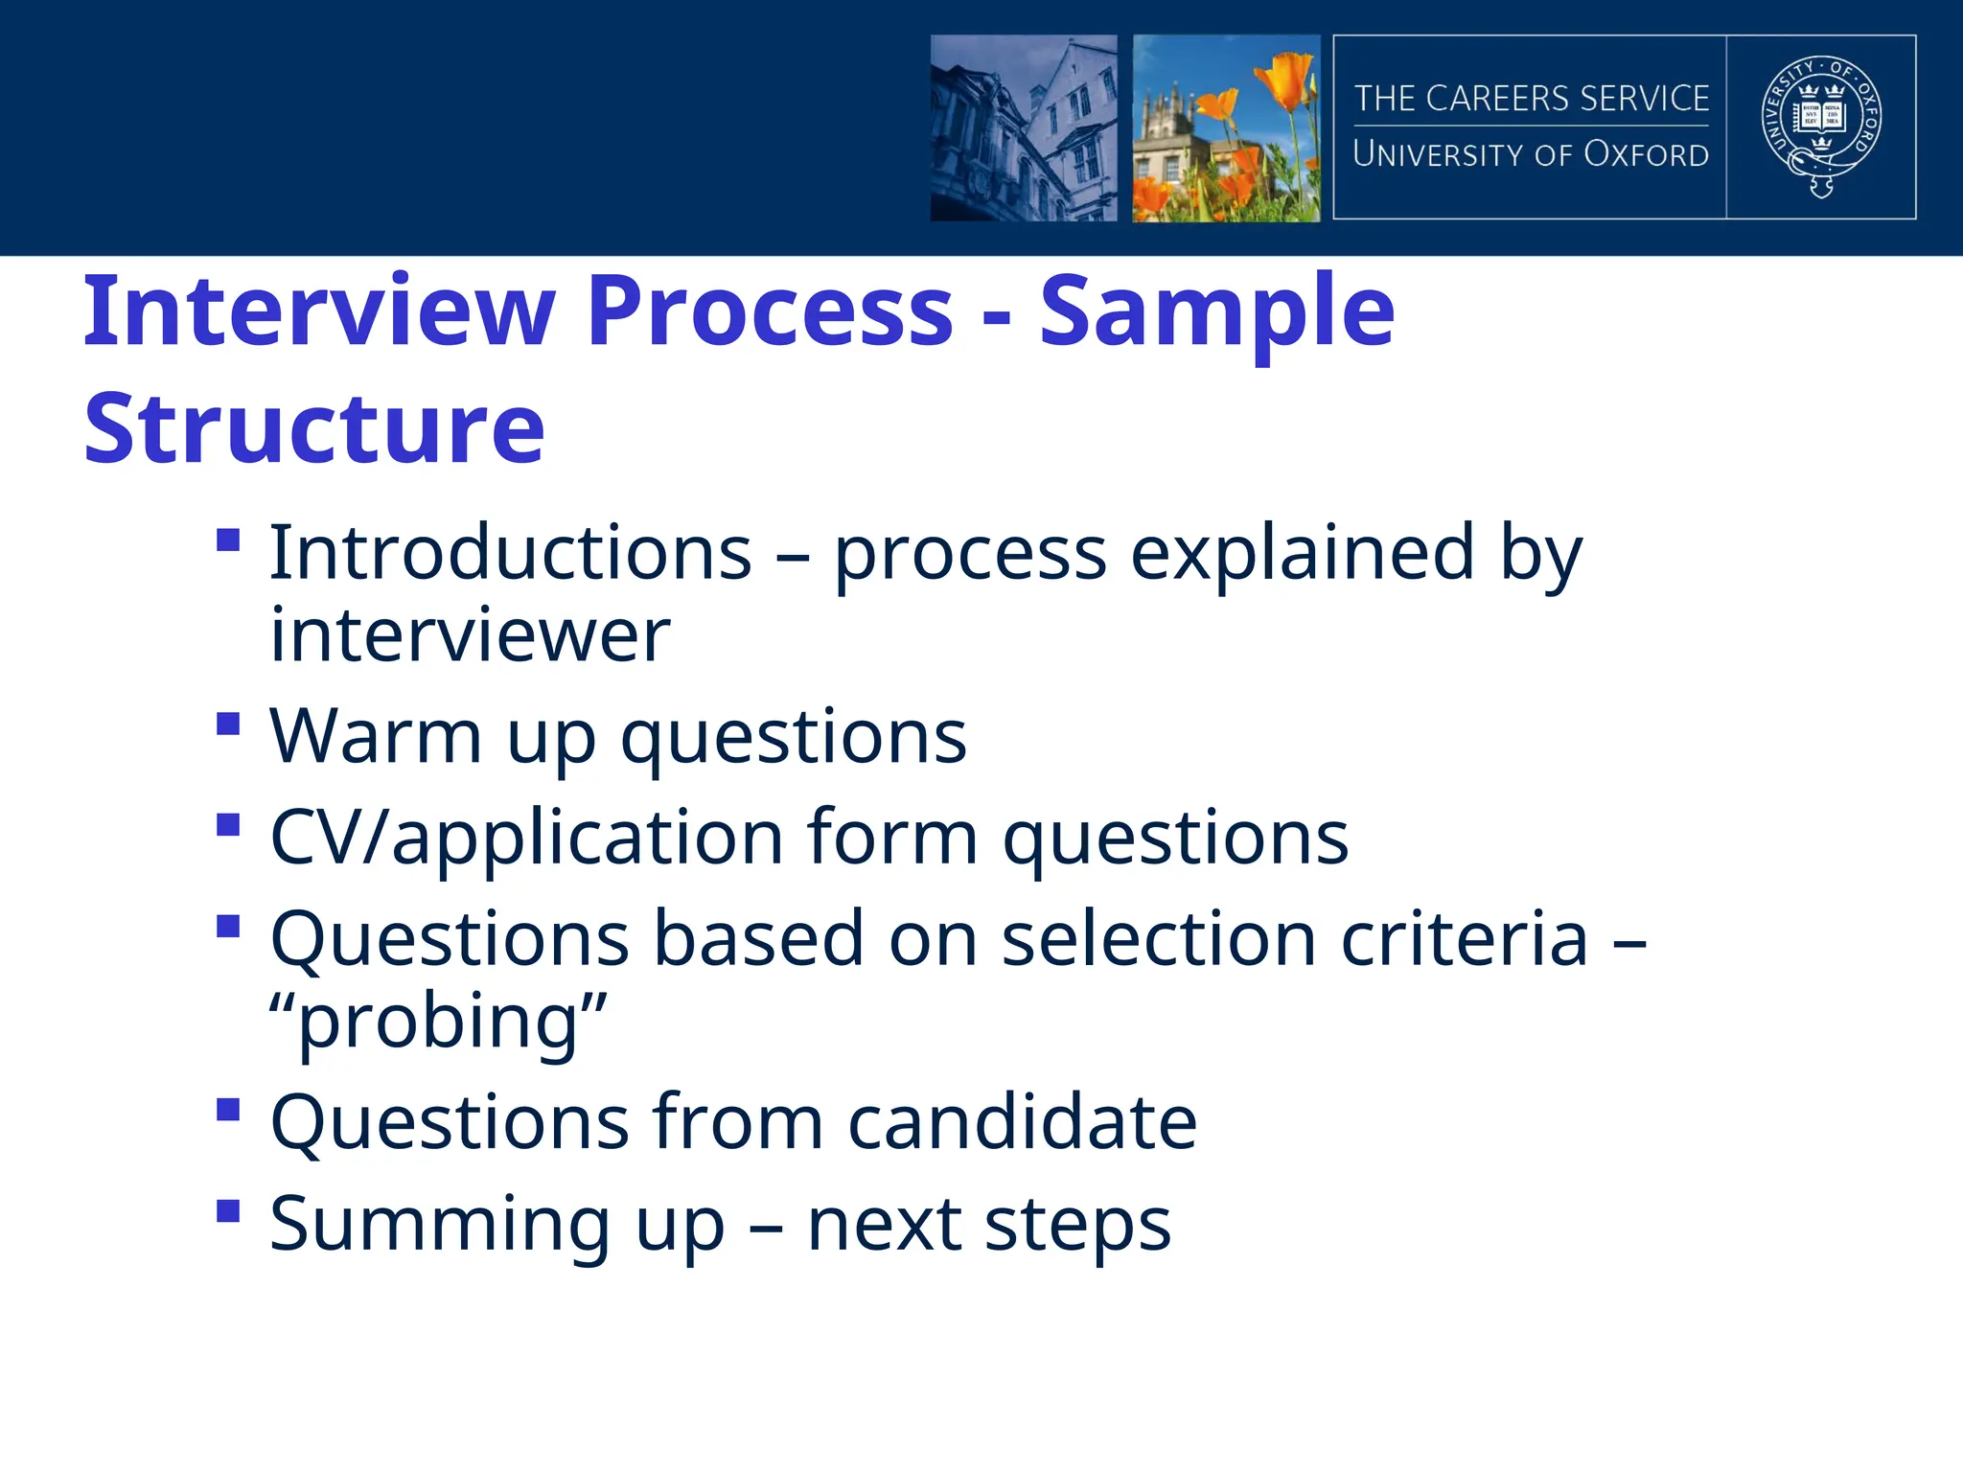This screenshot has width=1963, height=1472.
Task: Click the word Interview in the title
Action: pyautogui.click(x=319, y=311)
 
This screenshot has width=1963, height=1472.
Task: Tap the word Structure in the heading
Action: pyautogui.click(x=314, y=428)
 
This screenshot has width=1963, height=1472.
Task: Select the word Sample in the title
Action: pyautogui.click(x=1217, y=311)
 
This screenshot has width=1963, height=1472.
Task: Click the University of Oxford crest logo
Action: pyautogui.click(x=1821, y=126)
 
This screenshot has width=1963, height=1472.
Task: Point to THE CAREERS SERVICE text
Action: pyautogui.click(x=1531, y=99)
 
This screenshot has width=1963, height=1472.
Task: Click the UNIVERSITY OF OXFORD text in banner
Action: pyautogui.click(x=1531, y=154)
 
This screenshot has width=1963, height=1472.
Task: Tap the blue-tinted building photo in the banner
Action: pyautogui.click(x=1024, y=127)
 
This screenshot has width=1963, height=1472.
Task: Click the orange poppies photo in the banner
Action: pyautogui.click(x=1226, y=127)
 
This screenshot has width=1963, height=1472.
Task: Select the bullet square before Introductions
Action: pyautogui.click(x=228, y=540)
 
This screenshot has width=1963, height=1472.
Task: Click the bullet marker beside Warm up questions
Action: pyautogui.click(x=228, y=724)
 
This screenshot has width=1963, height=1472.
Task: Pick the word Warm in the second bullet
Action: pyautogui.click(x=376, y=737)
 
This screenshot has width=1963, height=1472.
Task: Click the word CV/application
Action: pyautogui.click(x=526, y=838)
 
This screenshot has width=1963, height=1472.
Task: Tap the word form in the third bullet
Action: pyautogui.click(x=892, y=838)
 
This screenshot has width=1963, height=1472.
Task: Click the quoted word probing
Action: pyautogui.click(x=439, y=1022)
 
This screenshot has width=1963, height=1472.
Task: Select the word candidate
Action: pyautogui.click(x=1022, y=1122)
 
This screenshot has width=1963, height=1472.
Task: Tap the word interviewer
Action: pyautogui.click(x=470, y=635)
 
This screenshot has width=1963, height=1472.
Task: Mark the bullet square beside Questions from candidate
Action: pyautogui.click(x=228, y=1110)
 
